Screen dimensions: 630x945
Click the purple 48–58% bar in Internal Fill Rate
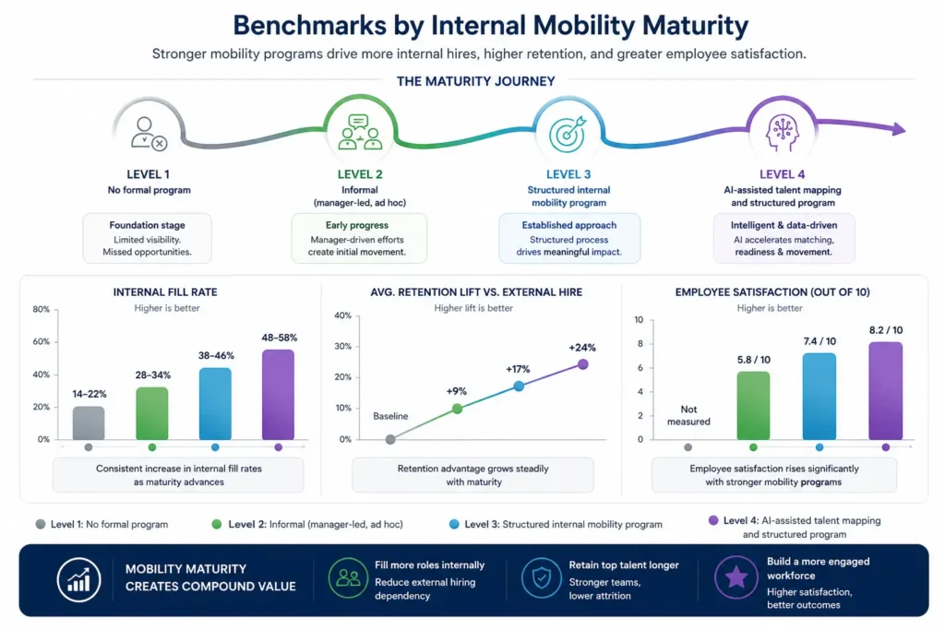coord(278,395)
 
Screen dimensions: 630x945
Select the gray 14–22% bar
coord(89,422)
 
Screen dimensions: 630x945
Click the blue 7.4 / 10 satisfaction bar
coord(819,396)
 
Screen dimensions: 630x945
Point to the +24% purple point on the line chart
coord(583,364)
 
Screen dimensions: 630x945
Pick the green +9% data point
coord(457,408)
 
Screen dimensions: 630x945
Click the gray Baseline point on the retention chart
coord(390,439)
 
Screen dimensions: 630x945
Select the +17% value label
coord(518,369)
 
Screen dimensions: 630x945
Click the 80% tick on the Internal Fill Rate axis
coord(41,310)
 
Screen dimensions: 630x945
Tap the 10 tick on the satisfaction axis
coord(639,319)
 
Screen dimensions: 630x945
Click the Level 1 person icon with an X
coord(148,134)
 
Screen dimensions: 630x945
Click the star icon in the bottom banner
coord(736,577)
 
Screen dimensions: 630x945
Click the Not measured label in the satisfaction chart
coord(688,415)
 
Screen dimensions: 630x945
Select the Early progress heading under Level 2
coord(356,224)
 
